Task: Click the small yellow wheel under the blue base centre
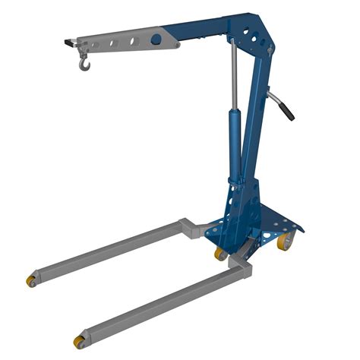coord(219,253)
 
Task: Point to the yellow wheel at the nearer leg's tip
coord(80,340)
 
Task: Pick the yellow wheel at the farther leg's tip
coord(32,281)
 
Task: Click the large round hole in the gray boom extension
coord(156,39)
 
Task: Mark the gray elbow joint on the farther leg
coord(190,226)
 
